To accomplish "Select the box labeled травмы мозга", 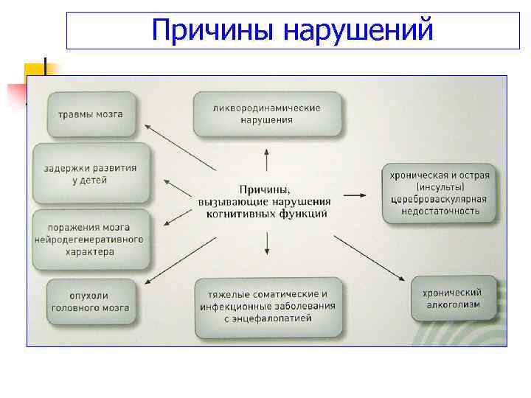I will point(91,114).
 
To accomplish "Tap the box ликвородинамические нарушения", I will point(267,114).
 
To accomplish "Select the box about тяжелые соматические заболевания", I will point(267,306).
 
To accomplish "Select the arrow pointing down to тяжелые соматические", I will point(266,245).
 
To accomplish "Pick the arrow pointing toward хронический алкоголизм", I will point(369,258).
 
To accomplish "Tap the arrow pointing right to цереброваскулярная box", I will point(354,195).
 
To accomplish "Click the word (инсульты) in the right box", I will point(440,187).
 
